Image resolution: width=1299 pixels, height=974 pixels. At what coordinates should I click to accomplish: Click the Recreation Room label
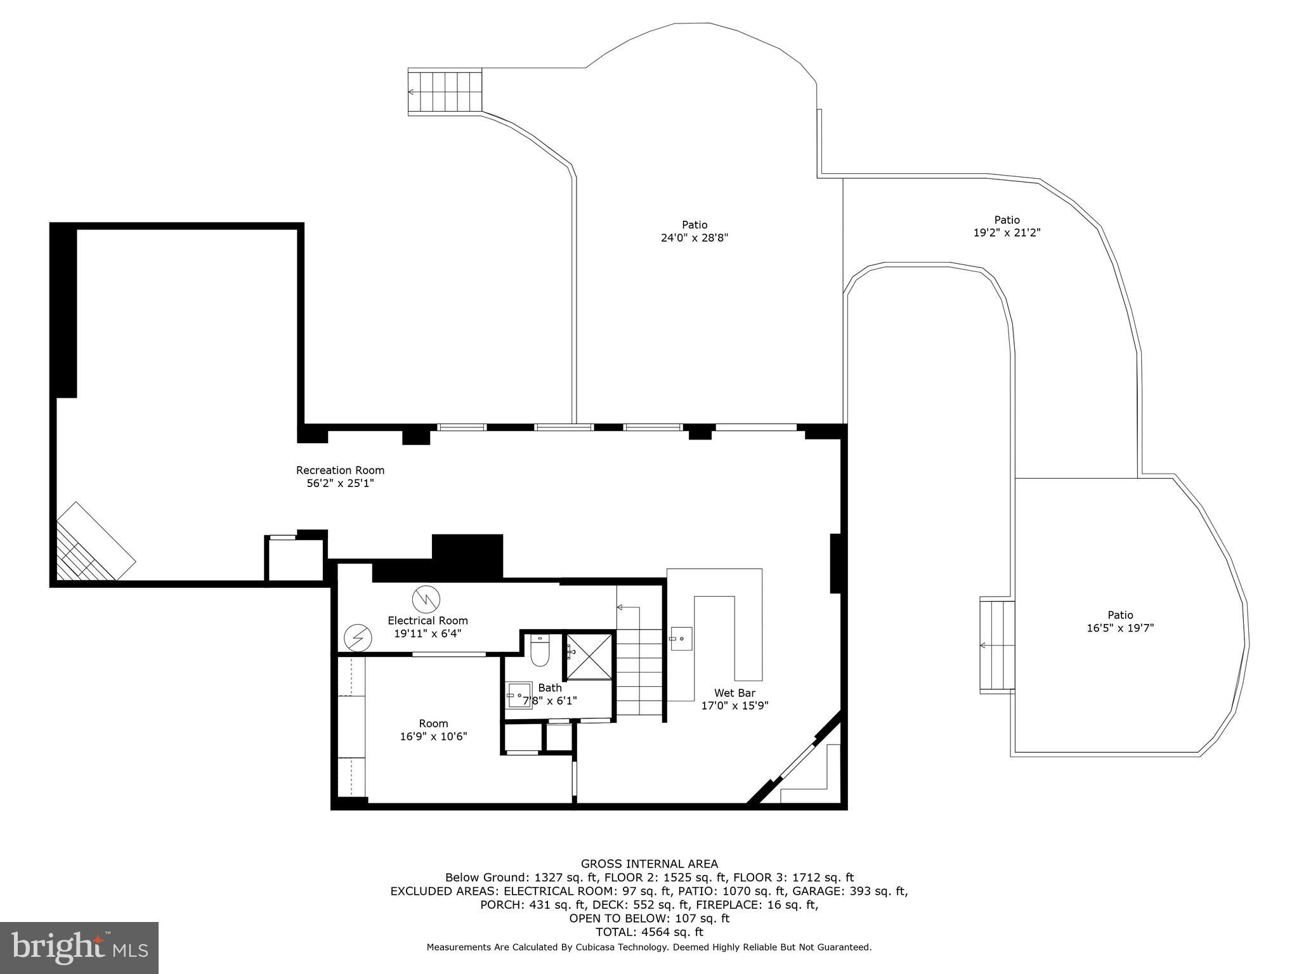pos(340,471)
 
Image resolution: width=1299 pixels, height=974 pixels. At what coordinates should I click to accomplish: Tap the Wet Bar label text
pos(734,693)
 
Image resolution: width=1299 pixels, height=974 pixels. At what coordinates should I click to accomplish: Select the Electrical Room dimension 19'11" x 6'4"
pos(428,633)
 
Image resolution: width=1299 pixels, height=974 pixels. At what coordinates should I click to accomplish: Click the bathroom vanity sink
pos(518,695)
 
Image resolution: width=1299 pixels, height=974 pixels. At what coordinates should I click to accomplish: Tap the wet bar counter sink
pos(681,639)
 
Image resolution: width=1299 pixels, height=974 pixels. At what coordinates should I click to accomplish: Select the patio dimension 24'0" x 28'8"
pos(695,238)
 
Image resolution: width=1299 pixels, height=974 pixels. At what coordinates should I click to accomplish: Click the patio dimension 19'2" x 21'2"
pos(1007,233)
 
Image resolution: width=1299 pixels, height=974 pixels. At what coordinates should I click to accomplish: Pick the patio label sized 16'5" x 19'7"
pos(1120,615)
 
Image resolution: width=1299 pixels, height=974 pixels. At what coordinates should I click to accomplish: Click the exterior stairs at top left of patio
pos(445,92)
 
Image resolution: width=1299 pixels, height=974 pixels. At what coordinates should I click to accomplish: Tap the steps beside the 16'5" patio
pos(998,646)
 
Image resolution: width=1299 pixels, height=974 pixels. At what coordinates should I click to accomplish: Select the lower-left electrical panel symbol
pos(358,638)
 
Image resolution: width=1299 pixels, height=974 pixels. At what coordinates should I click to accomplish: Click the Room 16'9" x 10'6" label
pos(433,724)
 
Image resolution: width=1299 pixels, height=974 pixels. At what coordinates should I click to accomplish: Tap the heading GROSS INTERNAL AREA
pos(649,864)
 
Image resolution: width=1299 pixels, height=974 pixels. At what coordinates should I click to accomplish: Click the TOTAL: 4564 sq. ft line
pos(649,932)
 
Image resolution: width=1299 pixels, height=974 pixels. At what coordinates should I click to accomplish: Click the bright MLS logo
pos(79,948)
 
